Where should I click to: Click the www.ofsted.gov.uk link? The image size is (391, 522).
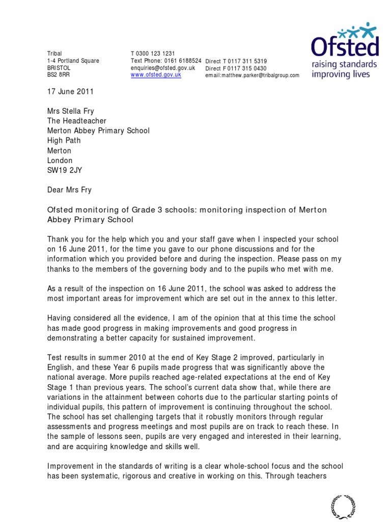click(x=156, y=74)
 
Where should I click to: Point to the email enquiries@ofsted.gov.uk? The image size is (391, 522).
click(x=163, y=68)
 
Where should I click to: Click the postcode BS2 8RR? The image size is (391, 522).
click(x=59, y=75)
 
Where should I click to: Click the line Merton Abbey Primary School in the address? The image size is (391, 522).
click(x=98, y=131)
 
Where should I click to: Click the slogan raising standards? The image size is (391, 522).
click(x=344, y=65)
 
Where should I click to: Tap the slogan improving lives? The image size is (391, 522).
click(x=344, y=75)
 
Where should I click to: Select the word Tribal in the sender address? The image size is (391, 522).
click(x=54, y=54)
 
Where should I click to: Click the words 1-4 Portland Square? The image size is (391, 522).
click(x=73, y=61)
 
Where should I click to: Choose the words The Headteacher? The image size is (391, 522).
click(x=77, y=121)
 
